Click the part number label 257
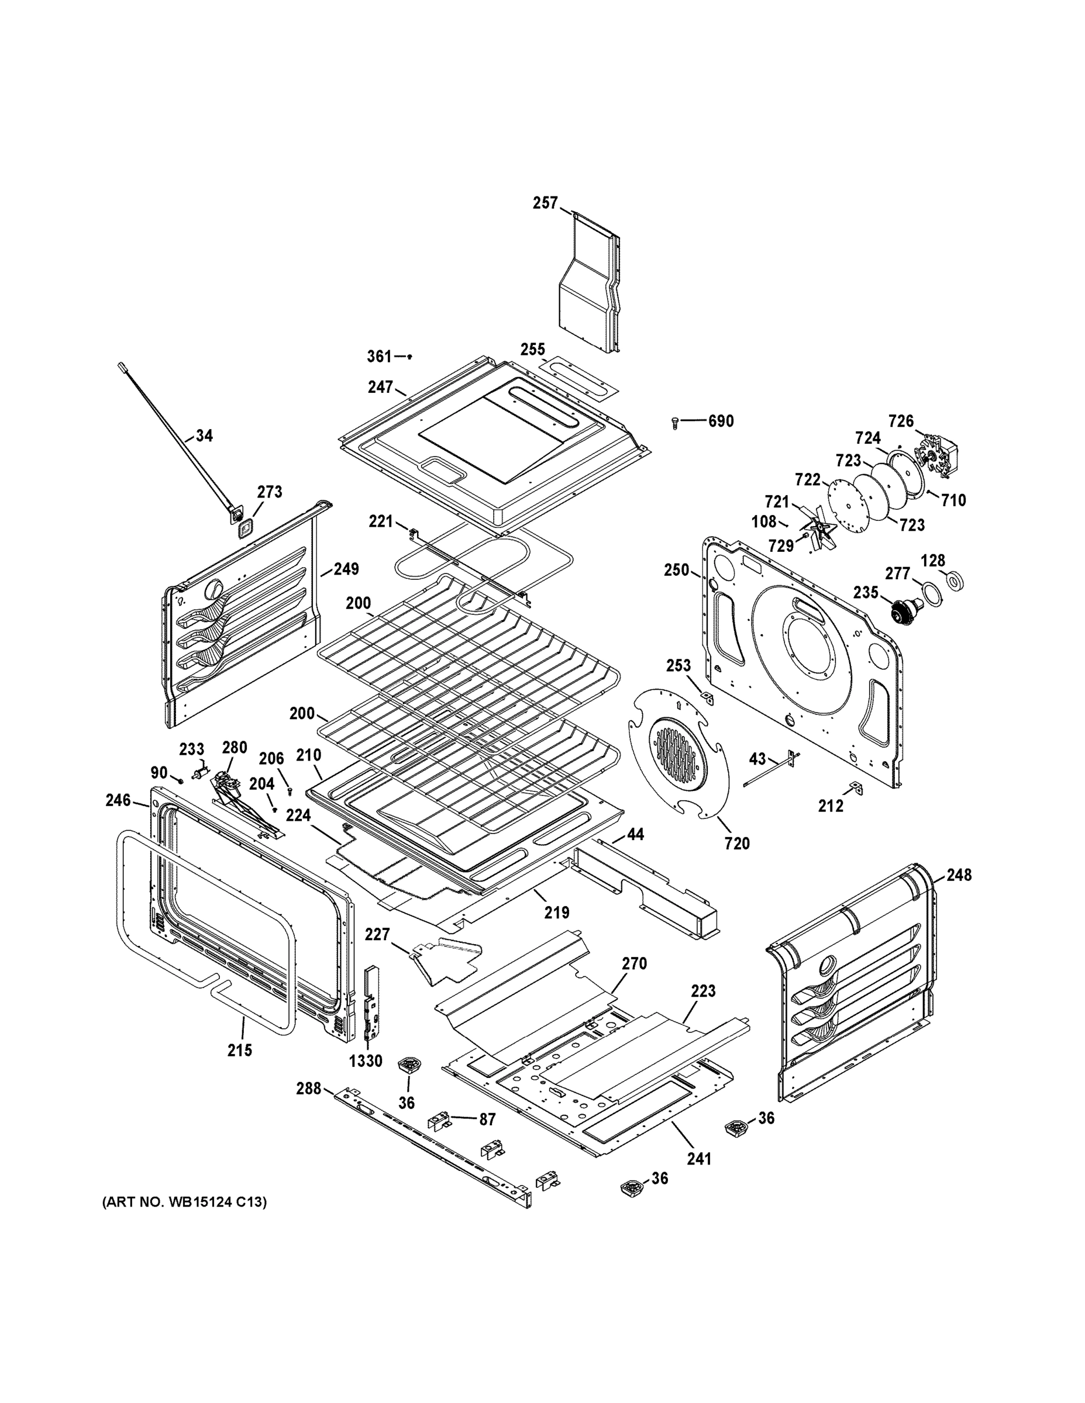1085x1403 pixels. coord(545,203)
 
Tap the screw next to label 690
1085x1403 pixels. coord(675,422)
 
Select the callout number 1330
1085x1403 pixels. coord(366,1060)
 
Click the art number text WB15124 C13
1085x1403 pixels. coord(184,1201)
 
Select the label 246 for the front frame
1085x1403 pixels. coord(118,800)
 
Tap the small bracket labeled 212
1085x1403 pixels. coord(856,787)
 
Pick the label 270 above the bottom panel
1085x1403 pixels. coord(634,963)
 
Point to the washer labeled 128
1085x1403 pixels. coord(955,580)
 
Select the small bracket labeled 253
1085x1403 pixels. coord(707,697)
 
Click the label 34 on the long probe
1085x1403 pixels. coord(204,436)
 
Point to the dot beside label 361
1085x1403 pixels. coord(409,356)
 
